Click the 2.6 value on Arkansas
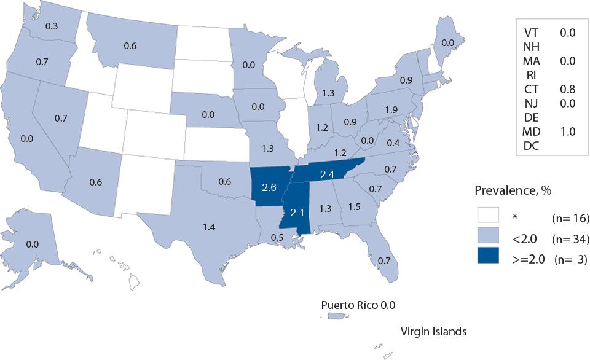point(269,187)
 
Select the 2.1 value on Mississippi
point(298,213)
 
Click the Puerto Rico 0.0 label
point(363,305)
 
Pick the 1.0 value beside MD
point(567,131)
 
